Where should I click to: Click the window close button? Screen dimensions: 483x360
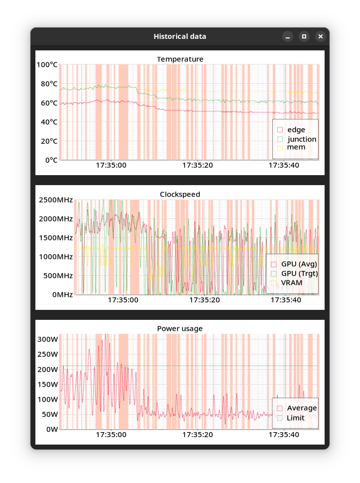(321, 36)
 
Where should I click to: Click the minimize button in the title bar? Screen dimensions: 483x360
(288, 36)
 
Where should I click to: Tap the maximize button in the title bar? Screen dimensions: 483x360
(304, 36)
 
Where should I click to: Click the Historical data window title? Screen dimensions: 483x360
(180, 36)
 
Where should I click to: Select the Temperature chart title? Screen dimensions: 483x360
(180, 59)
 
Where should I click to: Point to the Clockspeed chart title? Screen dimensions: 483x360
(180, 194)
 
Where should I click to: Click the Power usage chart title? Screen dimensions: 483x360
(180, 329)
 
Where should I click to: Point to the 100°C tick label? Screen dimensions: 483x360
(47, 65)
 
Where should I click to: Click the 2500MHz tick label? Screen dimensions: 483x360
(55, 200)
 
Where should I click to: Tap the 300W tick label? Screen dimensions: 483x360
(48, 339)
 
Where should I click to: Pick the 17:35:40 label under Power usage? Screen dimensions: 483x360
(284, 435)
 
